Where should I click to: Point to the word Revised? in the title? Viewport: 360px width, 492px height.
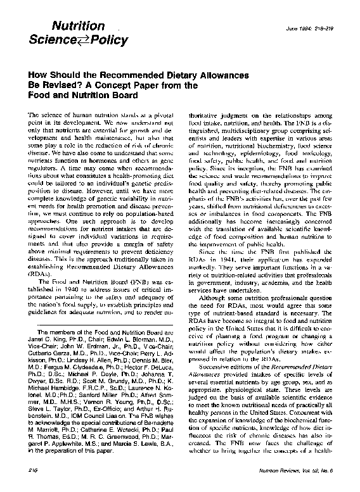click(58, 85)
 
